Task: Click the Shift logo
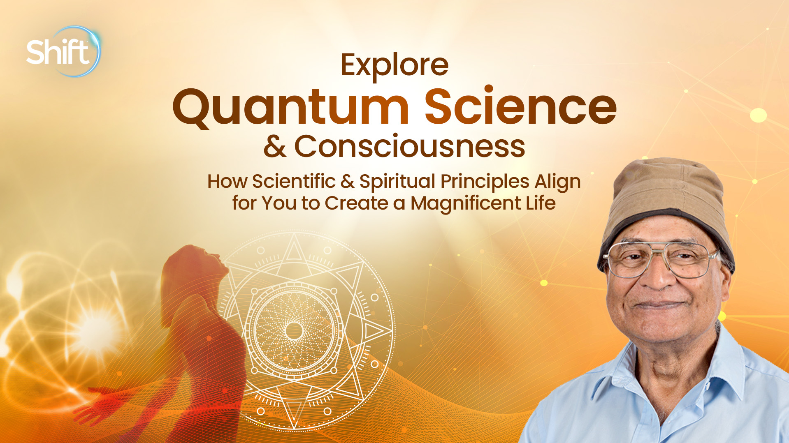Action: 62,52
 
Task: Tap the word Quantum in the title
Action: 290,107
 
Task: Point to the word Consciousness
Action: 409,147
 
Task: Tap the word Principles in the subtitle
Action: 485,182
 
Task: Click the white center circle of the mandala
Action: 294,330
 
